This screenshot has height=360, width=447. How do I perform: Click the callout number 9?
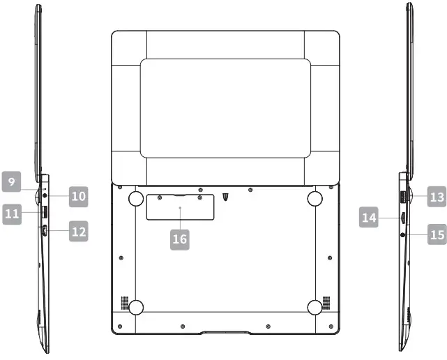click(x=11, y=181)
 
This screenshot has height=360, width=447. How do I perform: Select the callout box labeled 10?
click(x=78, y=197)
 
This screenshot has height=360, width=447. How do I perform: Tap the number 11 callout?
click(x=12, y=214)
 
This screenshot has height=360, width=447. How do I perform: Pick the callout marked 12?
click(x=78, y=232)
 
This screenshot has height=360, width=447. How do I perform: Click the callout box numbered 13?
click(x=437, y=197)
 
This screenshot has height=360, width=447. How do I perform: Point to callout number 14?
click(x=369, y=218)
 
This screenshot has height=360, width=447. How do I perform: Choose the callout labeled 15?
click(x=437, y=234)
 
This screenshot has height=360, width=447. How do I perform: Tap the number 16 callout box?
click(x=180, y=239)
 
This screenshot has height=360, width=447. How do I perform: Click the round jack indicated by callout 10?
click(x=45, y=195)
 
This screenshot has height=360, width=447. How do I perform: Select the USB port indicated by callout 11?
click(x=45, y=212)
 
